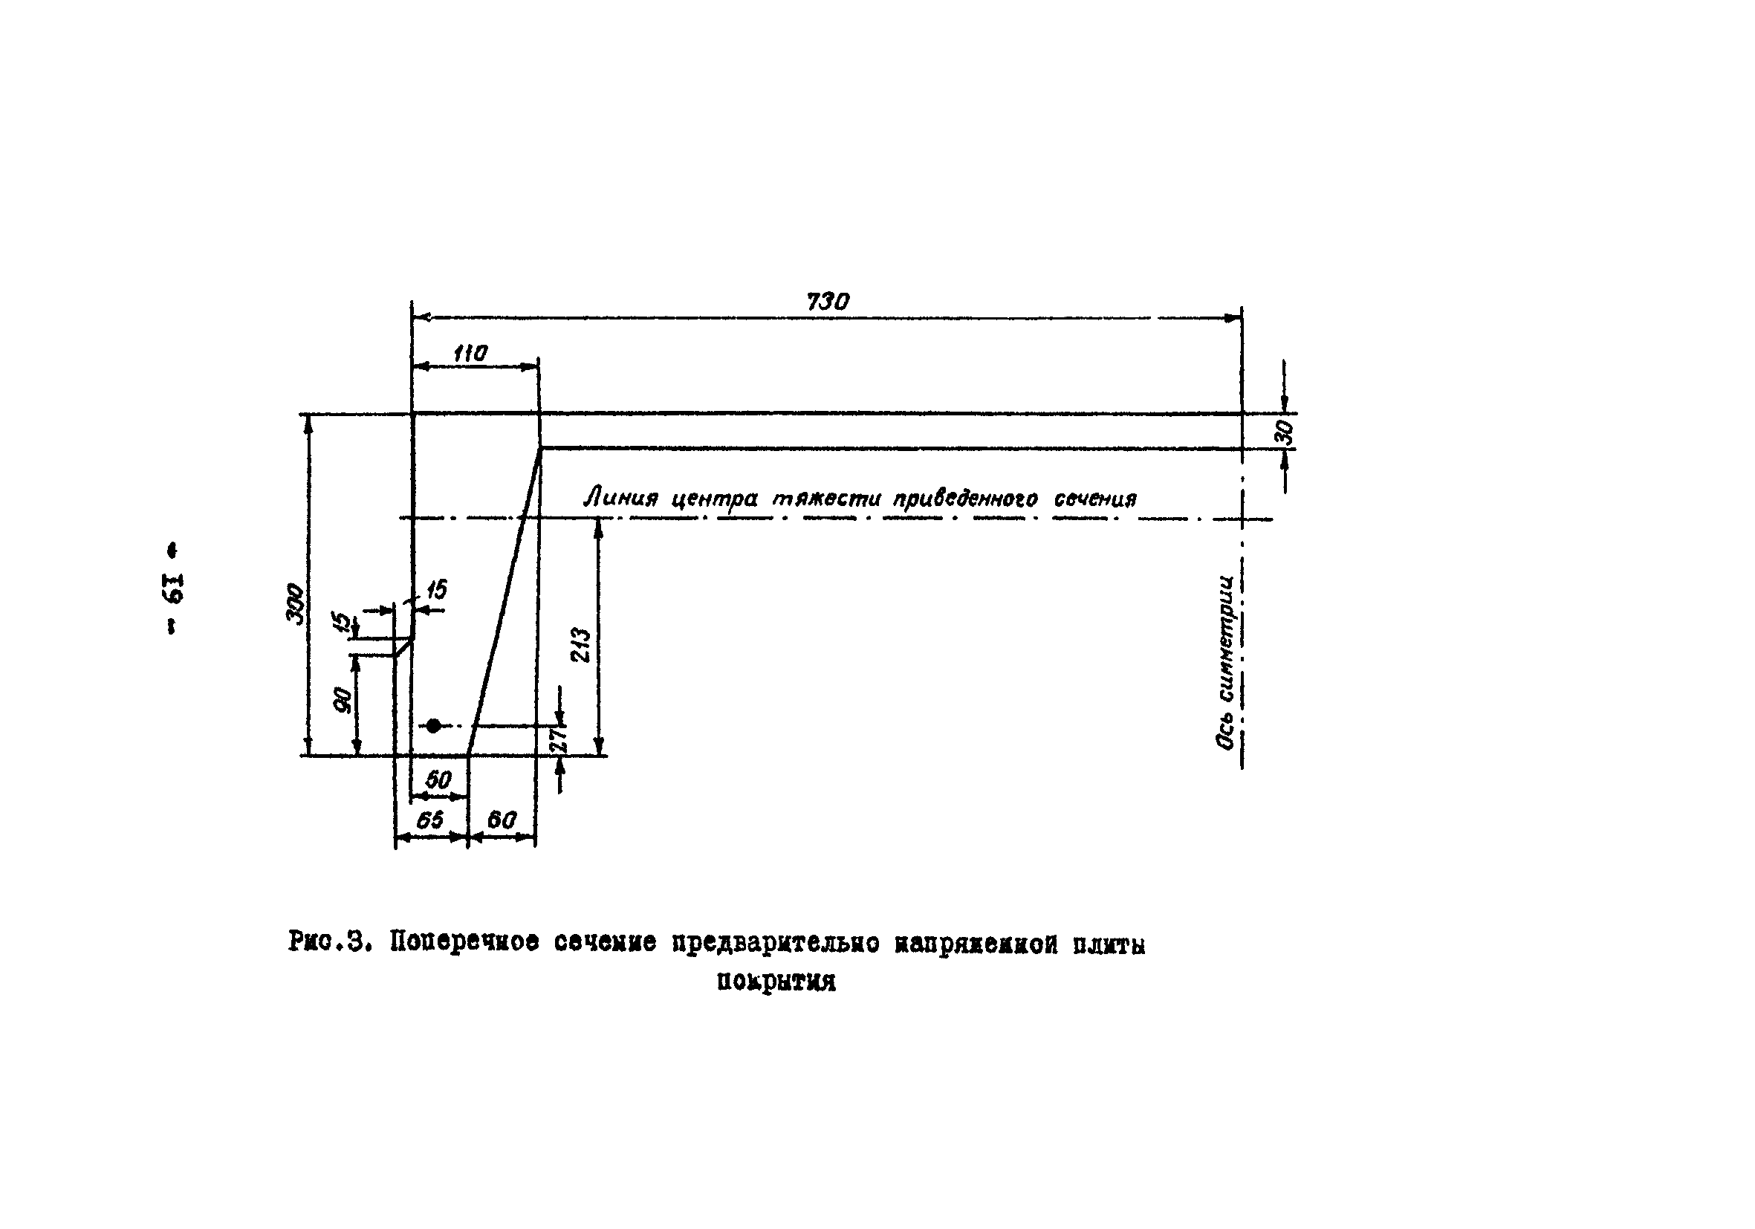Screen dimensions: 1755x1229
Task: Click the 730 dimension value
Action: coord(827,302)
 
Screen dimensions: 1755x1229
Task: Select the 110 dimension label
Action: coord(470,354)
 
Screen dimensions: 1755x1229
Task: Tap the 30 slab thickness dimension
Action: coord(1286,432)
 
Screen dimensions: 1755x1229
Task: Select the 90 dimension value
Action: coord(344,700)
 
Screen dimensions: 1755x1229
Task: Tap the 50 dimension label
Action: coord(438,779)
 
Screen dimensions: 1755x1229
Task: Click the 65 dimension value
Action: coord(429,820)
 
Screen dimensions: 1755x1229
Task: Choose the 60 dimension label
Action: coord(501,820)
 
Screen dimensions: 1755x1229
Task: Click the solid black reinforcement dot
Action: coord(433,725)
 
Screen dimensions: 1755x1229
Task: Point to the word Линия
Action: coord(620,499)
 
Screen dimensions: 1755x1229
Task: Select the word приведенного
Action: coord(965,499)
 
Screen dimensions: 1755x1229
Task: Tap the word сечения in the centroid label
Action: coord(1095,499)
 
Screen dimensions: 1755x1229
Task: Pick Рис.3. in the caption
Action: coord(329,941)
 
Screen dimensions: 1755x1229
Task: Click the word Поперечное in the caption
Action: coord(464,942)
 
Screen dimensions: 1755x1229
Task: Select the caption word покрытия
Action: coord(776,982)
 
